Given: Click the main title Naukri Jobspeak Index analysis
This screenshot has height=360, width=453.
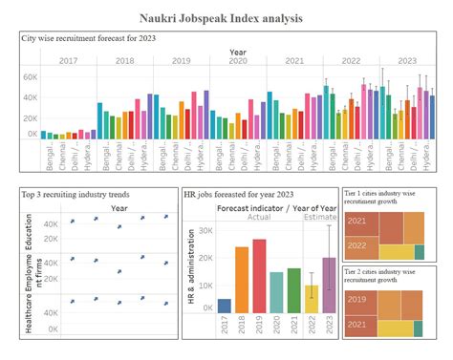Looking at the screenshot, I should click(226, 18).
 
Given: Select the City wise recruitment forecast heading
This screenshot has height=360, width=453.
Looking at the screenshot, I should click(89, 37).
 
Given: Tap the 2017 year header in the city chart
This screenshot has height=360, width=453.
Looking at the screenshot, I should click(69, 60).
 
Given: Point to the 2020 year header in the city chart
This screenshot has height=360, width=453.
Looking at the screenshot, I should click(238, 60).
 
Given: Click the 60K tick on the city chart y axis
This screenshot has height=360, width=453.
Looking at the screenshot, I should click(29, 76).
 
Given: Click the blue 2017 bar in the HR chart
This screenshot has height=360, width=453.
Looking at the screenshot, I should click(225, 306).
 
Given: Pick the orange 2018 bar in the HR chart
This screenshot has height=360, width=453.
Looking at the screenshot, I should click(242, 280).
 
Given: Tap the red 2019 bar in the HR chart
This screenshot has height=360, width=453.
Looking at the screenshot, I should click(259, 276).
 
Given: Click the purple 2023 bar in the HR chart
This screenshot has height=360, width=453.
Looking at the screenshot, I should click(329, 285).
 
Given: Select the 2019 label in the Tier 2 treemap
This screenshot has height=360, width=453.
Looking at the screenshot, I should click(356, 299).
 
